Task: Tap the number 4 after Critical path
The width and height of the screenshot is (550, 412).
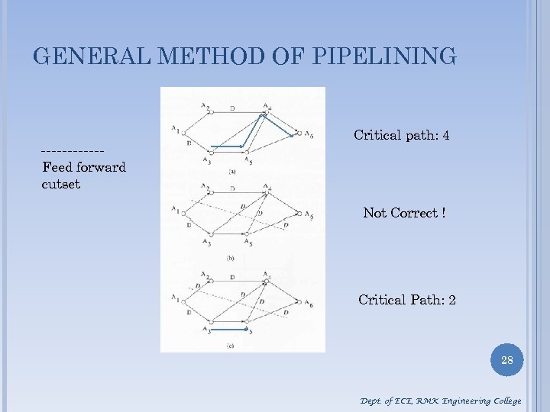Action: pos(445,135)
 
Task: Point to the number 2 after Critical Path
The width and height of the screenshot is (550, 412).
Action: pos(452,300)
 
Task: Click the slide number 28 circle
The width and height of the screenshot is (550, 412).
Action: pos(506,359)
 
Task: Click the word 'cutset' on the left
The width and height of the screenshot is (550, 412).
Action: pos(61,184)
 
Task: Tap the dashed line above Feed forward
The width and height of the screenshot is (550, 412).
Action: pos(73,151)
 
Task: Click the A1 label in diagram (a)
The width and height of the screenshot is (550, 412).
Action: pos(176,128)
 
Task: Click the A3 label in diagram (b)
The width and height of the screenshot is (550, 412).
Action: pos(207,242)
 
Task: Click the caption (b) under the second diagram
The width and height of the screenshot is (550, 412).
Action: pos(230,259)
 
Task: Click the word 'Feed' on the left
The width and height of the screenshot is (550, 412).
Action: pos(57,167)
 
